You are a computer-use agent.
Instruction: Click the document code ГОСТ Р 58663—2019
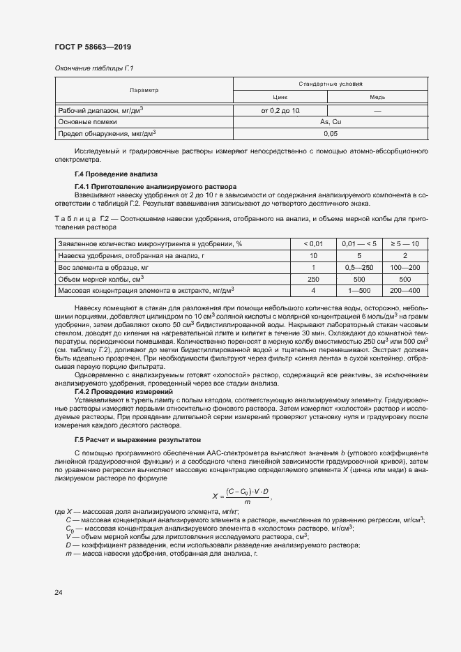pyautogui.click(x=93, y=47)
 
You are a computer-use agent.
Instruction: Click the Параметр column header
pyautogui.click(x=144, y=91)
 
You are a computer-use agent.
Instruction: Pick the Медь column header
pyautogui.click(x=377, y=98)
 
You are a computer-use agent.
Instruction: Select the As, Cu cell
pyautogui.click(x=330, y=121)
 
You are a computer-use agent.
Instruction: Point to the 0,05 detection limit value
pyautogui.click(x=330, y=132)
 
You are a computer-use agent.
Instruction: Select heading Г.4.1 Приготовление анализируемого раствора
pyautogui.click(x=156, y=187)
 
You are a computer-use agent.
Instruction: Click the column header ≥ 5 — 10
pyautogui.click(x=405, y=243)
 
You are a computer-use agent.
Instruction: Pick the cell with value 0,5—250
pyautogui.click(x=359, y=267)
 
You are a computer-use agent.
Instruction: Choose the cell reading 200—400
pyautogui.click(x=405, y=290)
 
